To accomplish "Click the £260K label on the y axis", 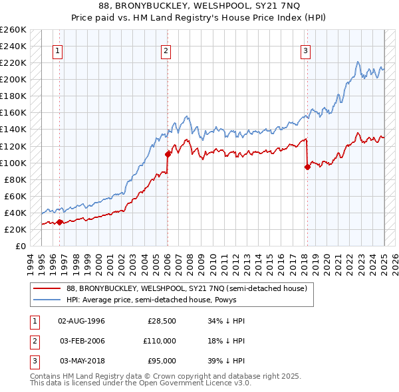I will pyautogui.click(x=13, y=30).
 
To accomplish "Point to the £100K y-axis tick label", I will pyautogui.click(x=13, y=163).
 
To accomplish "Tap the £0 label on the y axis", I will pyautogui.click(x=20, y=246).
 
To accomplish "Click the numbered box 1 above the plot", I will pyautogui.click(x=58, y=50).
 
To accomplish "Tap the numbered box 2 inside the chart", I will pyautogui.click(x=166, y=50).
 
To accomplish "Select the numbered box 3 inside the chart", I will pyautogui.click(x=305, y=50).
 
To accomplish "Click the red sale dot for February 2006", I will pyautogui.click(x=168, y=154).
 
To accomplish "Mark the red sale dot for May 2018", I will pyautogui.click(x=307, y=167).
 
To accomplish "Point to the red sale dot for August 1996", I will pyautogui.click(x=59, y=222).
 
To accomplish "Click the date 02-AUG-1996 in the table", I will pyautogui.click(x=82, y=321).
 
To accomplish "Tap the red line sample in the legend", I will pyautogui.click(x=47, y=288).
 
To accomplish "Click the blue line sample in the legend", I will pyautogui.click(x=47, y=300).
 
